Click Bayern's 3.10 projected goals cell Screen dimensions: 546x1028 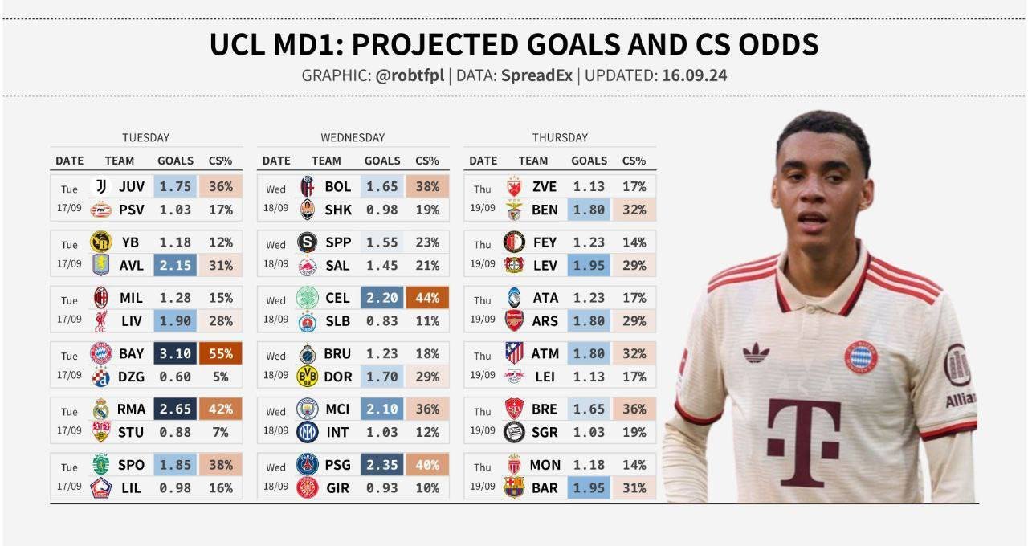tap(175, 353)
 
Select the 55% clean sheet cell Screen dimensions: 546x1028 tap(220, 353)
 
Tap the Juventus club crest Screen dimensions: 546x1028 tap(101, 187)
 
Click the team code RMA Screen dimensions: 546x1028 tap(131, 409)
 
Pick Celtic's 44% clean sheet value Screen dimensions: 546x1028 tap(427, 298)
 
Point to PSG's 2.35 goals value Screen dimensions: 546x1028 tap(381, 465)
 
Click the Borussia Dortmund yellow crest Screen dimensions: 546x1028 tap(308, 376)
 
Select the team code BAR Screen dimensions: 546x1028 tap(545, 487)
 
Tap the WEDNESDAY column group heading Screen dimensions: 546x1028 tap(352, 137)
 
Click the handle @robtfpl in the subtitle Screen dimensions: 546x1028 tap(410, 76)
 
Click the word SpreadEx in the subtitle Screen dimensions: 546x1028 tap(536, 76)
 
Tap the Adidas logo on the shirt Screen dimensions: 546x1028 tap(755, 352)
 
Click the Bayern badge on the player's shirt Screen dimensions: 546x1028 tap(860, 357)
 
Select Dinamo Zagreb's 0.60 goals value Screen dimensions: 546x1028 tap(175, 376)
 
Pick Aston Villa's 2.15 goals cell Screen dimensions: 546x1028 tap(175, 265)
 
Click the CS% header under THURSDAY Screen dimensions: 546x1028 tap(634, 161)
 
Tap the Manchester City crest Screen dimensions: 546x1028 tap(308, 409)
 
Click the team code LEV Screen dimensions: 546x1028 tap(545, 265)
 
